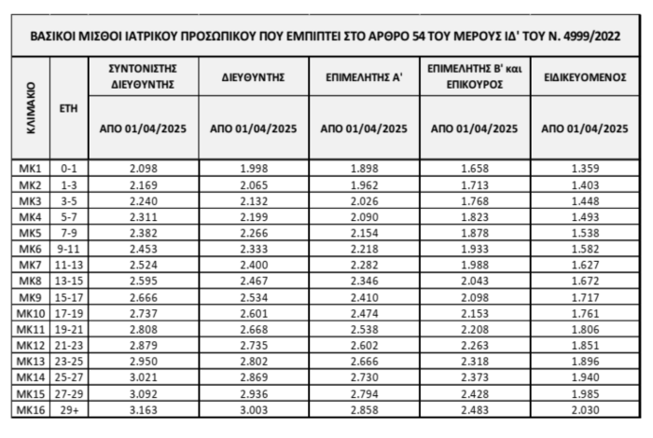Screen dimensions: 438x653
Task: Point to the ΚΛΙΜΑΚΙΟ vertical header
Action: click(30, 107)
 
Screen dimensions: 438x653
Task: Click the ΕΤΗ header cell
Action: click(67, 108)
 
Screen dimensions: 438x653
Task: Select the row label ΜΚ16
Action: click(30, 409)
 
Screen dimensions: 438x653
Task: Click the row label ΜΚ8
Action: click(30, 280)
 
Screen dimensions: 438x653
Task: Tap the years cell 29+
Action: click(67, 409)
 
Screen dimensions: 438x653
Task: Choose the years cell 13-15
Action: click(67, 280)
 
